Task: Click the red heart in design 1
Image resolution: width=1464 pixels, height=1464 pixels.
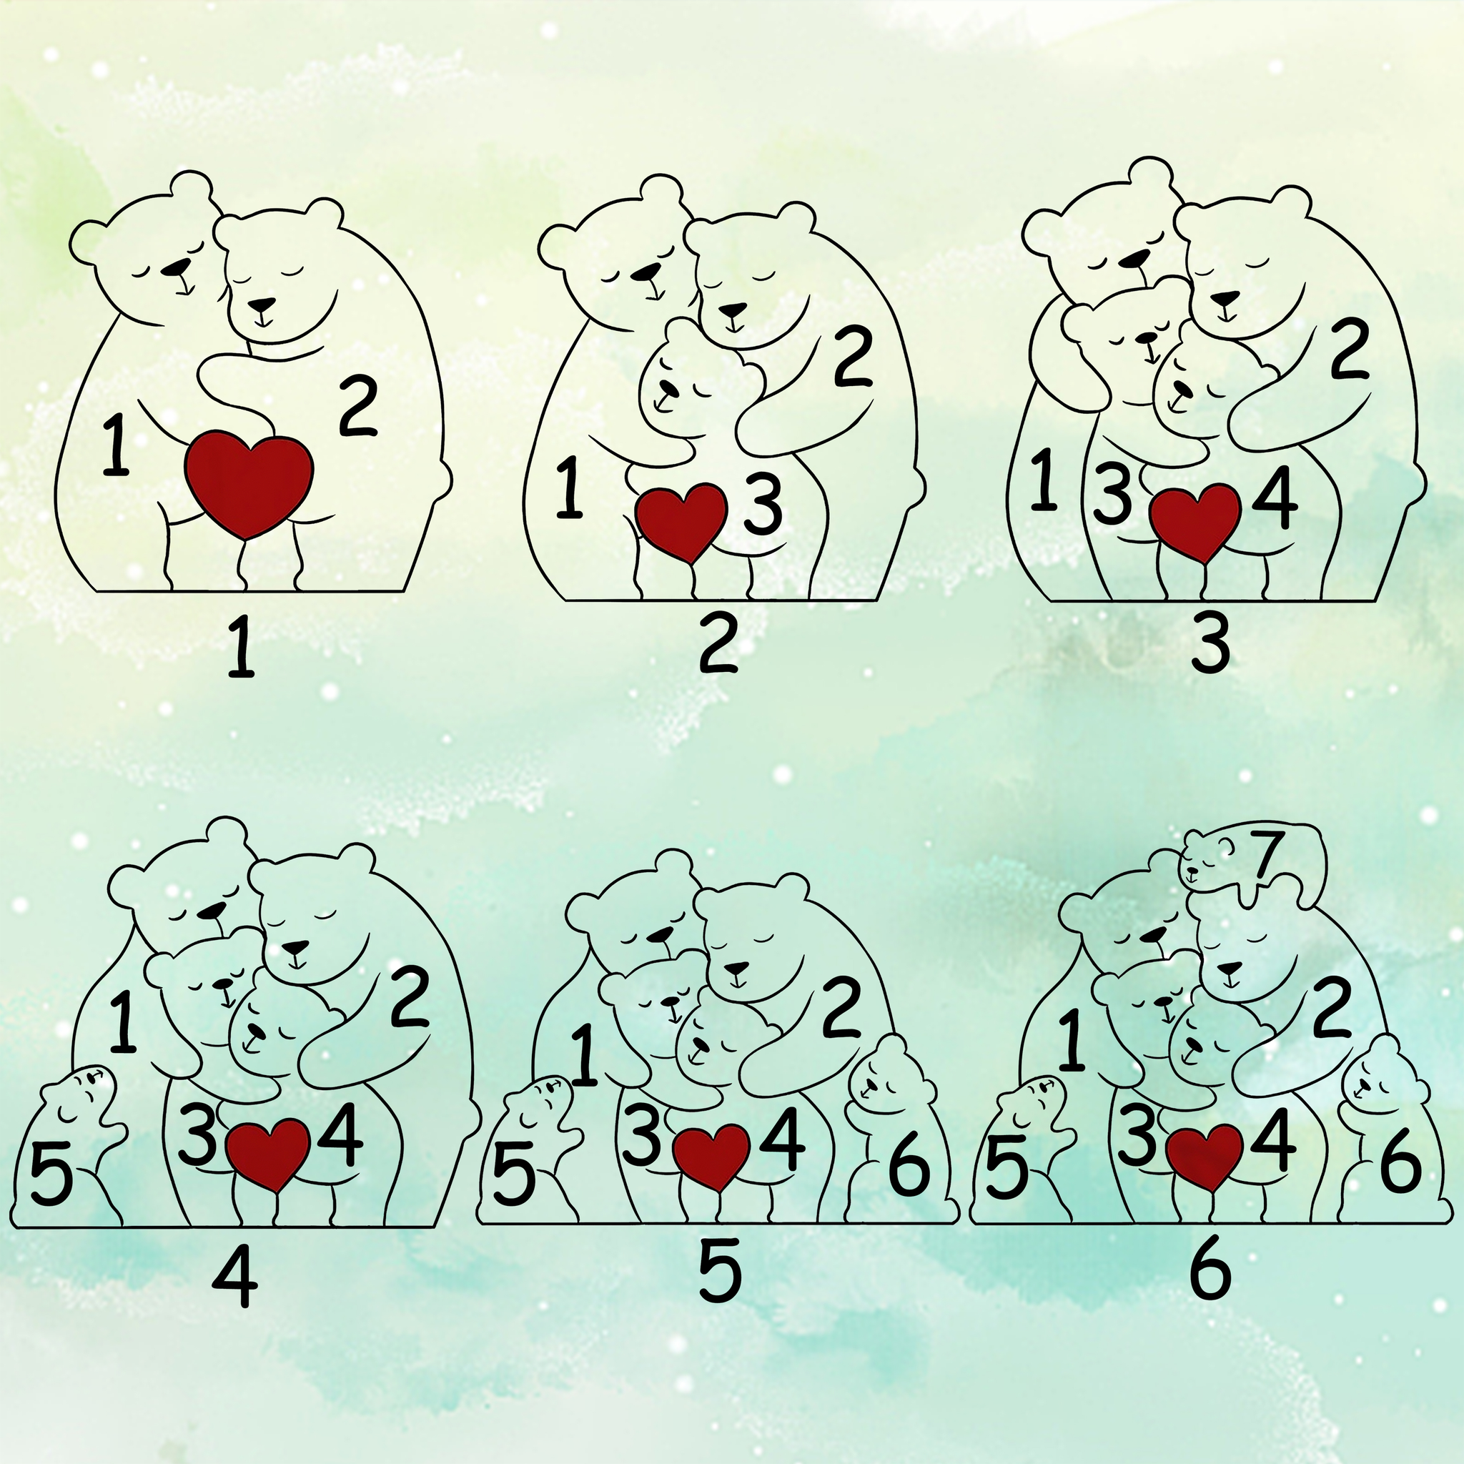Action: pos(249,485)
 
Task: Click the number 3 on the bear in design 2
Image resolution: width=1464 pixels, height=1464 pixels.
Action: pos(762,508)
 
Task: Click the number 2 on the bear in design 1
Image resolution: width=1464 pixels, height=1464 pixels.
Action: pos(357,408)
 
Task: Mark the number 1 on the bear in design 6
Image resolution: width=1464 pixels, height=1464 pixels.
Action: pos(1072,1041)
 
